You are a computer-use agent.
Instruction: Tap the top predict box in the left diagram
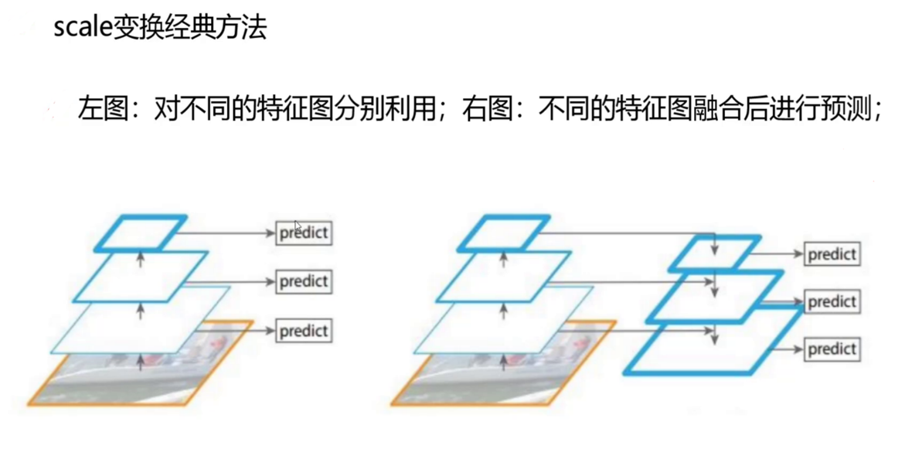(304, 232)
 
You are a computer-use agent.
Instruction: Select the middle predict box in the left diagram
(304, 281)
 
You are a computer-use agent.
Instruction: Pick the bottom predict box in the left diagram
(304, 331)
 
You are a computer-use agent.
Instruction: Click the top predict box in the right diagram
(832, 253)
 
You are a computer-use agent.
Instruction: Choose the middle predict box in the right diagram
(832, 301)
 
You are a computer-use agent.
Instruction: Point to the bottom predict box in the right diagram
(832, 349)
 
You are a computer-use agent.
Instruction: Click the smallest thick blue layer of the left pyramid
(141, 233)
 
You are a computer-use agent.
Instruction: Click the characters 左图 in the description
(101, 109)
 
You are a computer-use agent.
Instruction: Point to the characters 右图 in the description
(488, 109)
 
